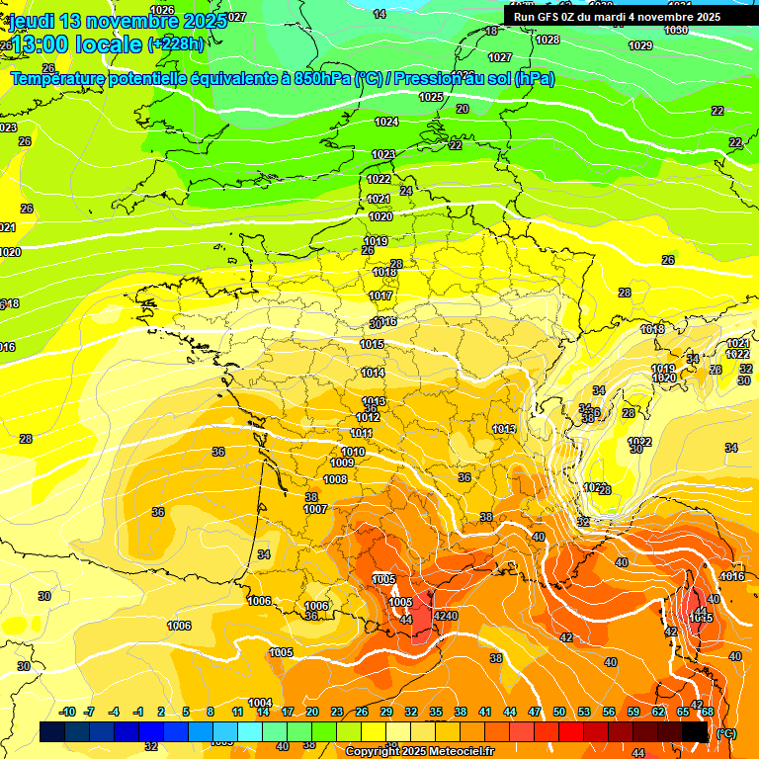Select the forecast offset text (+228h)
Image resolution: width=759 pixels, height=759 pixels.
pos(177,44)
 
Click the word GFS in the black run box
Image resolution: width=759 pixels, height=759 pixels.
pos(554,17)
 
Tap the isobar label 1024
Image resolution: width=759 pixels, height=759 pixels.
pos(386,123)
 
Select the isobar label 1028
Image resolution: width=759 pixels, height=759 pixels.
pos(548,41)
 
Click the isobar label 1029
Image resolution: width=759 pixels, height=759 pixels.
pos(640,46)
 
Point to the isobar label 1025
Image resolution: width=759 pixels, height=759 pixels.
pos(431,98)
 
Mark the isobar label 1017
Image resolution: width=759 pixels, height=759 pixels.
pos(380,296)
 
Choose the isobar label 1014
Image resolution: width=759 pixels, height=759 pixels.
pos(373,374)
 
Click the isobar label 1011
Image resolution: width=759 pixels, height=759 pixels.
pos(361,434)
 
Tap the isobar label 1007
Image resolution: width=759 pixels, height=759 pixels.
pos(315,510)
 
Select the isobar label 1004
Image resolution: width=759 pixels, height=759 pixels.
pos(260,704)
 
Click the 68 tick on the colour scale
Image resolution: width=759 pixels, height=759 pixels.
pos(708,713)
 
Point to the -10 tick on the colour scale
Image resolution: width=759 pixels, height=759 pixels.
pos(67,713)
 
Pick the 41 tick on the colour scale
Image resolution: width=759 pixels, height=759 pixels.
pos(485,713)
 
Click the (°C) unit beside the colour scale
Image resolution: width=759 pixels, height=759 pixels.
pos(726,733)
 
